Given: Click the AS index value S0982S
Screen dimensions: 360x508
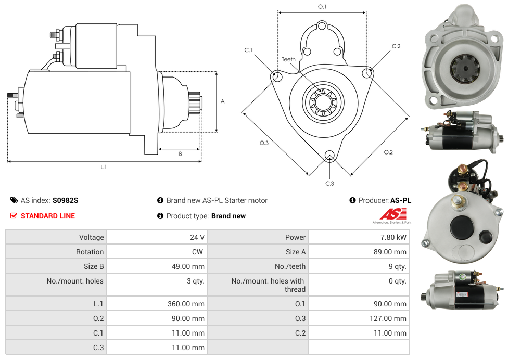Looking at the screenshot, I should point(65,200).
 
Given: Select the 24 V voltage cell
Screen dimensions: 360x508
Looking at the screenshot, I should point(197,237).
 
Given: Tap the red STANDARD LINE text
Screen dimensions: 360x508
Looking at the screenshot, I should point(48,216).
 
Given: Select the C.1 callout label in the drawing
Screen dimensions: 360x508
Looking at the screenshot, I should point(248,50).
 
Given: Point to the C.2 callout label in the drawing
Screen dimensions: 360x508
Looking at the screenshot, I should point(396,46).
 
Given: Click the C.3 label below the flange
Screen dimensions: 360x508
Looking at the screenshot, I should point(329,183).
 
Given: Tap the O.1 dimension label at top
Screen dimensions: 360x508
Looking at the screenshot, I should point(322,6).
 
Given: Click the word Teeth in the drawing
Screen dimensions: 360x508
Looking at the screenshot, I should point(288,59).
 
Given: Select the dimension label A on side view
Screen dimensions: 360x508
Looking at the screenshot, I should point(223,101).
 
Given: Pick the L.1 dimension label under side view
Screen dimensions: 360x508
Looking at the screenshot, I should point(104,167).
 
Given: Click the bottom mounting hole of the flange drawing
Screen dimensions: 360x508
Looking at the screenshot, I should point(329,155).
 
